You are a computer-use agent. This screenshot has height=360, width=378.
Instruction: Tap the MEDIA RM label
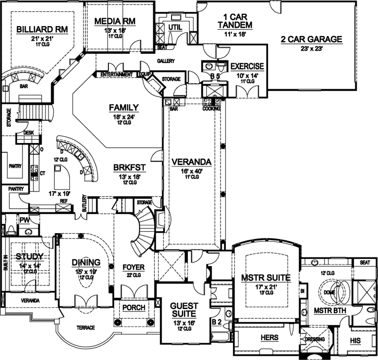click(115, 21)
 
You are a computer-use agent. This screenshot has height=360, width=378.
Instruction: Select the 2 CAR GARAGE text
click(312, 39)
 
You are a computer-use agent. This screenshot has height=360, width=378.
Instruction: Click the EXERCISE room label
click(247, 66)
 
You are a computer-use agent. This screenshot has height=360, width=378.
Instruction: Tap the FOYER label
click(132, 268)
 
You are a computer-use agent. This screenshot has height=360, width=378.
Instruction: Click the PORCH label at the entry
click(133, 308)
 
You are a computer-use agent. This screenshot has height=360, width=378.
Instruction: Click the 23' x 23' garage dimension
click(311, 49)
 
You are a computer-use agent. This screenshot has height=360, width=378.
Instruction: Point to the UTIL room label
click(175, 27)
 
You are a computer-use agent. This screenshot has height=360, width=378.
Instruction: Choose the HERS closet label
click(269, 338)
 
